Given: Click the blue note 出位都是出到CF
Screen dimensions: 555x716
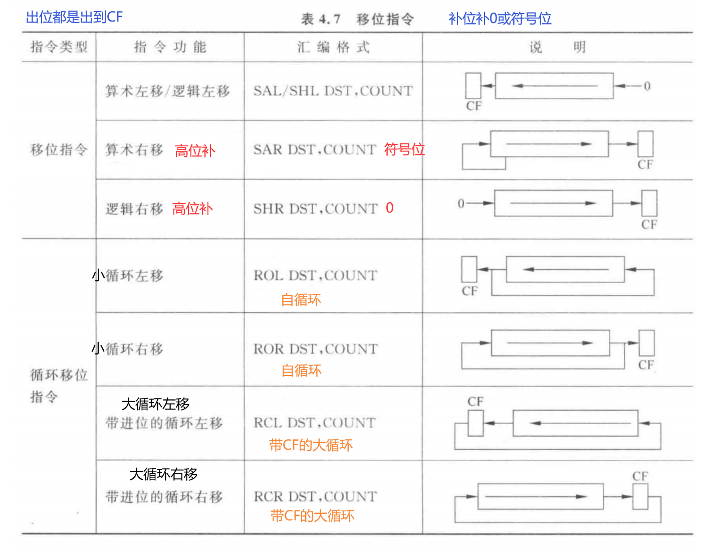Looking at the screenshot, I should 74,17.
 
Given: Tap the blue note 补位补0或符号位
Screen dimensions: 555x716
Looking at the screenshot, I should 500,19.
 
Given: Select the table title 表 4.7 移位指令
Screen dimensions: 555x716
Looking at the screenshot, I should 357,19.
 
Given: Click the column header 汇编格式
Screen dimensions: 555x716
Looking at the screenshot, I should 333,48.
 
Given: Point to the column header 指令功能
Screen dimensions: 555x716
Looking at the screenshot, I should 170,47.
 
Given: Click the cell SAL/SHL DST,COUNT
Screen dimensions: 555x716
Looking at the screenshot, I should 333,91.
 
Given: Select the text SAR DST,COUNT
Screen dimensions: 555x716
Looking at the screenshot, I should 314,149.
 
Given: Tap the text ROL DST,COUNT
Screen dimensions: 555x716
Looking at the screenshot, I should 315,275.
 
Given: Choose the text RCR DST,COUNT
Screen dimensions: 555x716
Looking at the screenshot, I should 315,496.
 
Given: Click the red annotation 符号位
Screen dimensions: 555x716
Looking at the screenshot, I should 404,149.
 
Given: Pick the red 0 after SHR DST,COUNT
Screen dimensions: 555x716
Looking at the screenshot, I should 389,208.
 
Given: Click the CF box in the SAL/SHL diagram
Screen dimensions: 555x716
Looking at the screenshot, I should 473,86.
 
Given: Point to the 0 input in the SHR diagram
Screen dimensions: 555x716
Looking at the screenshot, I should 461,203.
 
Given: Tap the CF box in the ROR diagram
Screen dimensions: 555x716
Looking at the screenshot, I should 646,343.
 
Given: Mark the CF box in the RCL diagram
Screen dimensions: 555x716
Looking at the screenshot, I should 475,423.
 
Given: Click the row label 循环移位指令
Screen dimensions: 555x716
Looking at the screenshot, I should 58,385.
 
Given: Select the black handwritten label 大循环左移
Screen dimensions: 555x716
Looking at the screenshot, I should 155,404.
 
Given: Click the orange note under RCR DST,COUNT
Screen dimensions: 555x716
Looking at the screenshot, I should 312,515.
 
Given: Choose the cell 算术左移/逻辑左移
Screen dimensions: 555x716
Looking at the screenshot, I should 167,91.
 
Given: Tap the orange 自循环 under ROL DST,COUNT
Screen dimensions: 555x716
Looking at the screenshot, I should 301,300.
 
